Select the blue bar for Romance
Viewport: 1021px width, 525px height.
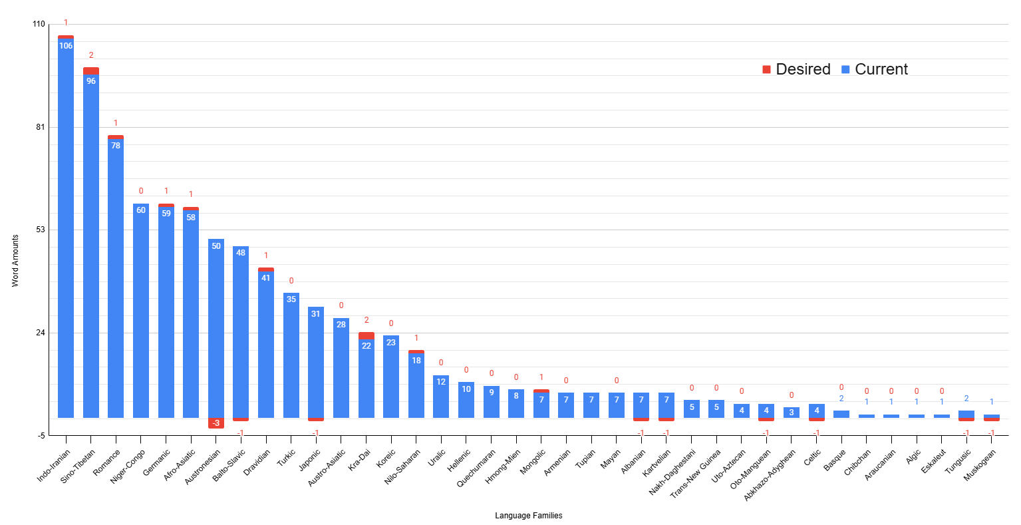(x=116, y=279)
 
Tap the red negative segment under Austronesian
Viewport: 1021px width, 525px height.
(x=216, y=423)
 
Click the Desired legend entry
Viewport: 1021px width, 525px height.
(x=796, y=69)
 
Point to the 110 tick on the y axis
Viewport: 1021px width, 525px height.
(x=39, y=25)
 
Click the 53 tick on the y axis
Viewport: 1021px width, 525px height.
(x=41, y=230)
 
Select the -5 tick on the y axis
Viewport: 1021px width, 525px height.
(x=41, y=436)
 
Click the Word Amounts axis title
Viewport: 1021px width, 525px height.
(x=15, y=261)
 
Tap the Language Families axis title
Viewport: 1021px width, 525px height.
(x=528, y=516)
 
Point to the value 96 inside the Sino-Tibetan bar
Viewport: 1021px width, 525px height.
(x=91, y=81)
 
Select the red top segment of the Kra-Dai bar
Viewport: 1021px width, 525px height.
(x=366, y=335)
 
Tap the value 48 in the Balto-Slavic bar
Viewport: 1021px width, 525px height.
(x=241, y=253)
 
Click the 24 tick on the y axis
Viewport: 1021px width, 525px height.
(x=41, y=333)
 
